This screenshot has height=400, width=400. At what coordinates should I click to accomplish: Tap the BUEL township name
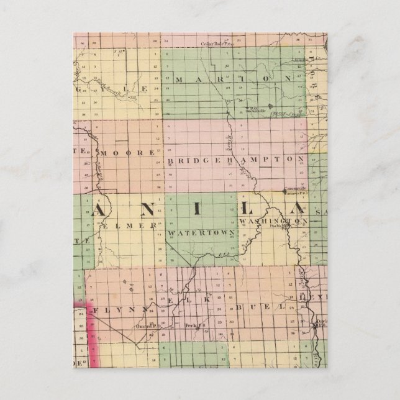coord(260,307)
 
